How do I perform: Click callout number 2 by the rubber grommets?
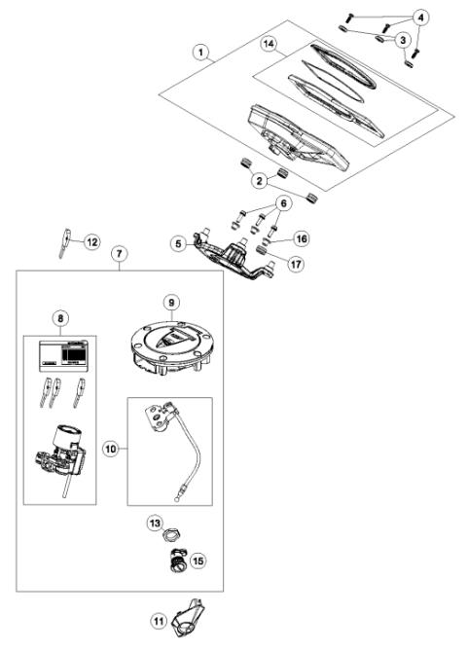259,180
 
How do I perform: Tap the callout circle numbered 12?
91,240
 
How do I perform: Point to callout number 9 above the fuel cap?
171,303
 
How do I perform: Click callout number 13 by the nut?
155,524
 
